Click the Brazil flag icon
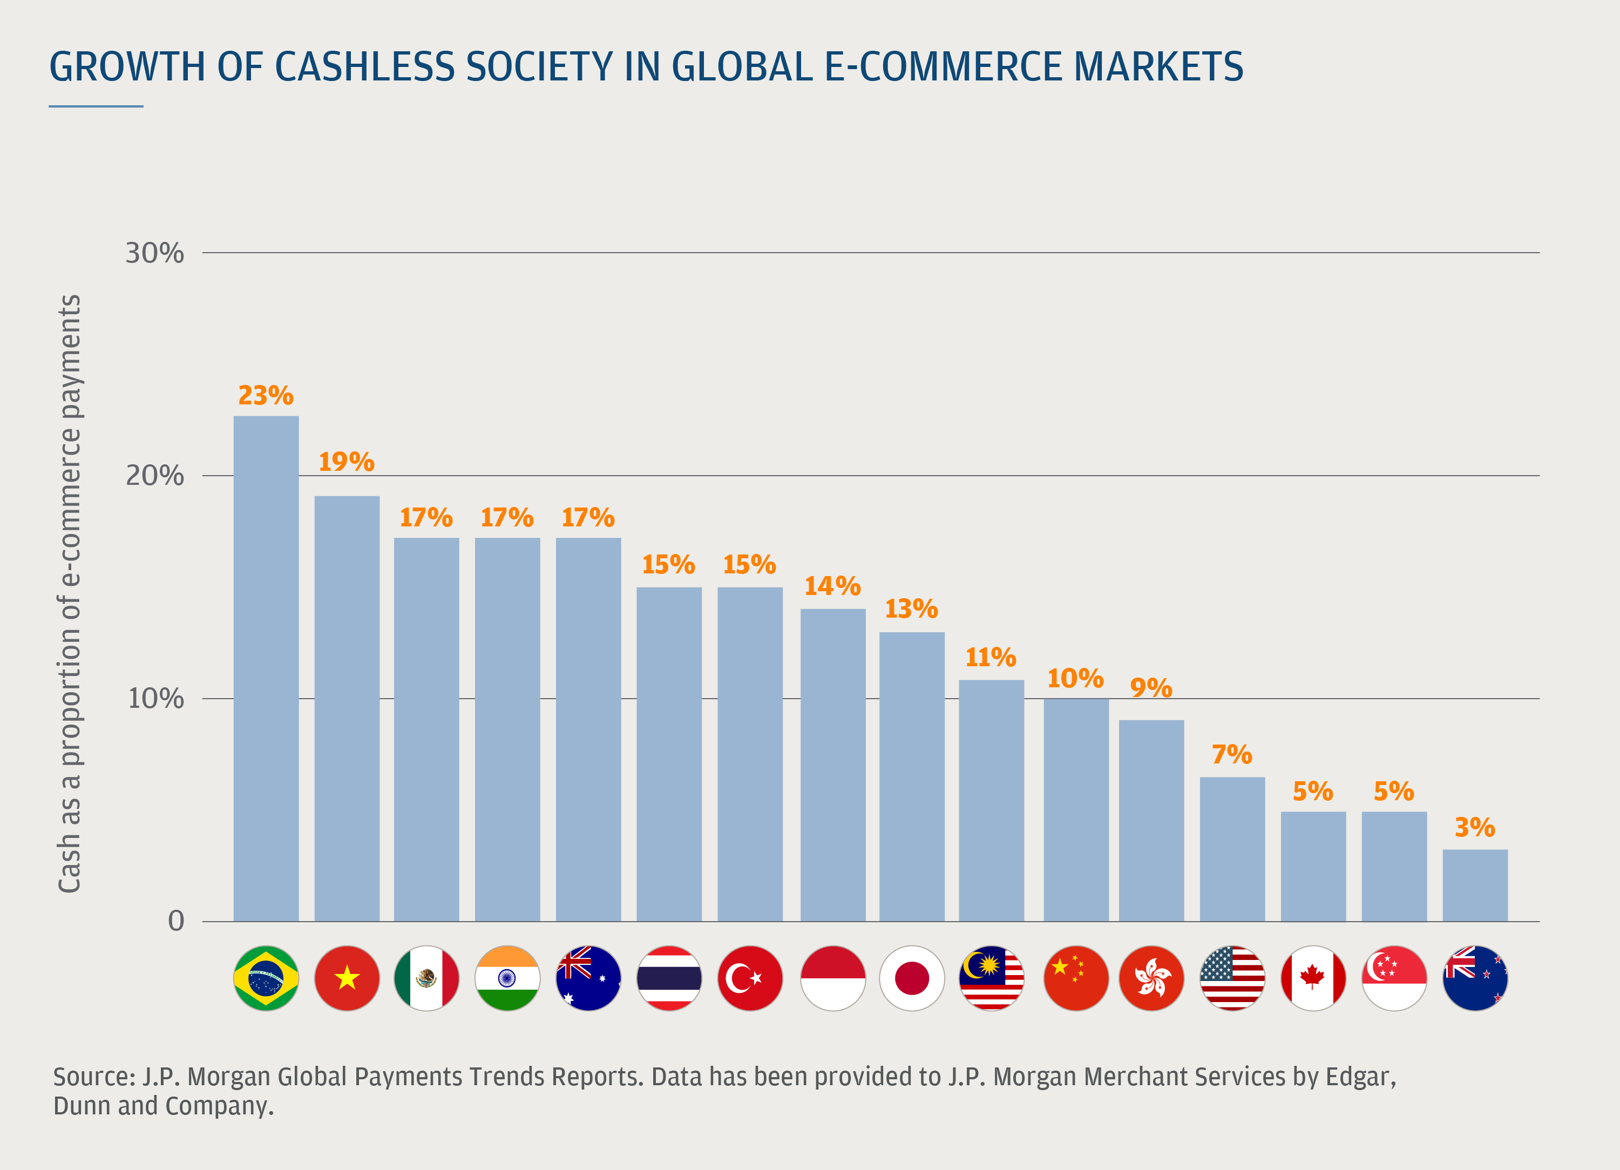pos(266,978)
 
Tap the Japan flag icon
pos(911,978)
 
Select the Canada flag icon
pos(1313,978)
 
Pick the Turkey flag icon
pos(750,978)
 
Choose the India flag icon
pos(507,978)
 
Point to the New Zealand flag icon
pos(1475,978)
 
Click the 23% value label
pos(266,396)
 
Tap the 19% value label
pos(347,462)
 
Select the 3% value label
pos(1475,827)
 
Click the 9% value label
pos(1151,688)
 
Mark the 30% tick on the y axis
pos(154,253)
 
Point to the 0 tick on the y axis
pos(176,922)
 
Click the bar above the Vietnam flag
pos(347,707)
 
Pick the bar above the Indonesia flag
pos(833,765)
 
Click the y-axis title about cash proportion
pos(69,593)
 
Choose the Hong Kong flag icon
pos(1151,978)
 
